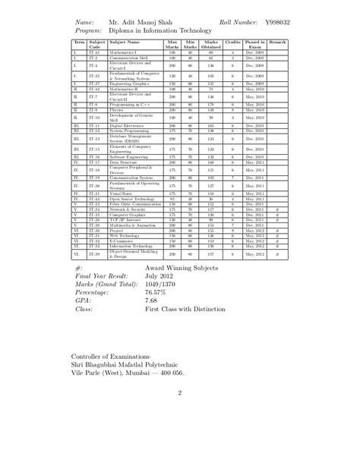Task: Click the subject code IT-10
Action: (x=94, y=118)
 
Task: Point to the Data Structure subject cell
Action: (x=124, y=162)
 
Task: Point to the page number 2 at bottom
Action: (x=180, y=392)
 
